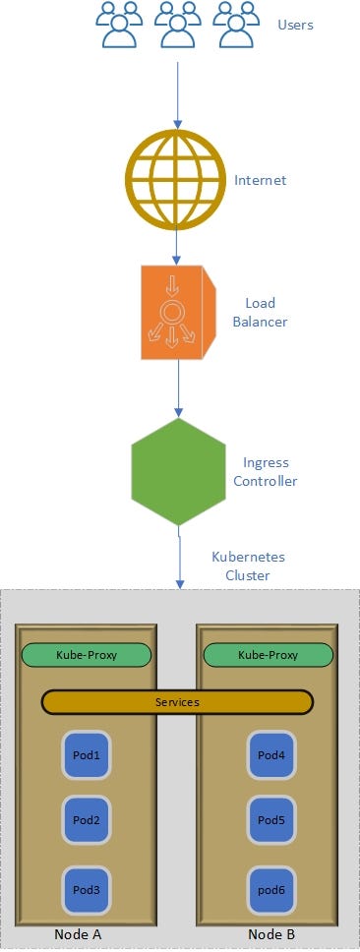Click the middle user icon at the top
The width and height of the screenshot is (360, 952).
coord(177,26)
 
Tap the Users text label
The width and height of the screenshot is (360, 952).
coord(295,25)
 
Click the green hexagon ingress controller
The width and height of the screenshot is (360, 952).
coord(178,471)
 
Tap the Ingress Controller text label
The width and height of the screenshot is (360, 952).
coord(270,472)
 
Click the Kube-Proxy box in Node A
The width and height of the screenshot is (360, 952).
coord(87,655)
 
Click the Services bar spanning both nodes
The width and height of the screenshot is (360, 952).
coord(177,702)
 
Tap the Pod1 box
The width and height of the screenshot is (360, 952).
coord(87,755)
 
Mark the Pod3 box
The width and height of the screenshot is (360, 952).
coord(87,889)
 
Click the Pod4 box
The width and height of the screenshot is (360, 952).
coord(270,755)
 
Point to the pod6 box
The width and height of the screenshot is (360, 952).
coord(270,889)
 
